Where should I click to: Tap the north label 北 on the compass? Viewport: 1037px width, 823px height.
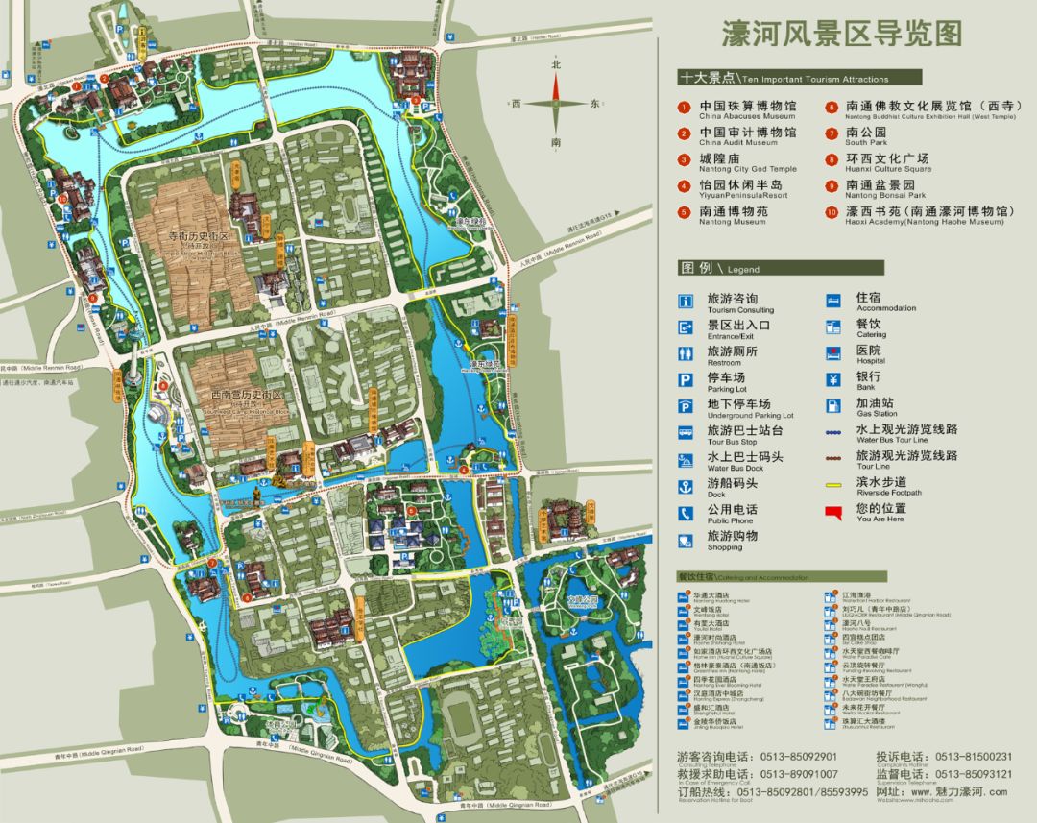(555, 64)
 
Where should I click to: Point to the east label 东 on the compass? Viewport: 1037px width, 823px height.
(594, 103)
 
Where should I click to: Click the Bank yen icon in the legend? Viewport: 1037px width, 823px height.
(835, 379)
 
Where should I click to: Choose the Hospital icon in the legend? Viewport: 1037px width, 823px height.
(835, 353)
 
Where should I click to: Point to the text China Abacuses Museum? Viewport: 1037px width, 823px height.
(747, 116)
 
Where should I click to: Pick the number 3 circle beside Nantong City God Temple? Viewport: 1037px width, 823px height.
(684, 160)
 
